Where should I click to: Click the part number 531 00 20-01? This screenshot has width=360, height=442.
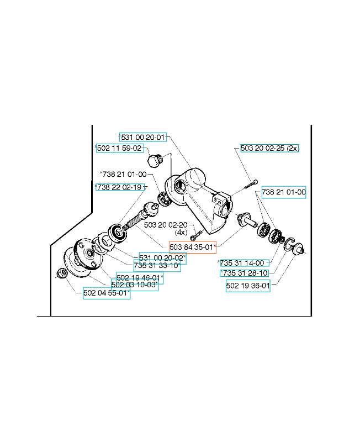click(x=143, y=137)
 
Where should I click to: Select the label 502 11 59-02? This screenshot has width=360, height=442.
click(x=120, y=148)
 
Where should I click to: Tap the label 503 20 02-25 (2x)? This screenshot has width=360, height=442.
click(x=269, y=148)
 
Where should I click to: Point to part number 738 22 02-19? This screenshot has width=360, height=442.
click(x=120, y=187)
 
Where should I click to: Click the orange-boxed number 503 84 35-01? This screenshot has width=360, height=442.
click(x=193, y=247)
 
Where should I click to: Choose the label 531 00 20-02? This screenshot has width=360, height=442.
click(x=162, y=258)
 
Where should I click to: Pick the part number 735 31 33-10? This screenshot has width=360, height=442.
click(x=157, y=266)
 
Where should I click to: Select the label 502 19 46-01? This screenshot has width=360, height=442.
click(x=140, y=278)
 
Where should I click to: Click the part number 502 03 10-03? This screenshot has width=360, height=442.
click(x=135, y=285)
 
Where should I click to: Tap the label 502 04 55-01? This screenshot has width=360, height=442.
click(x=107, y=293)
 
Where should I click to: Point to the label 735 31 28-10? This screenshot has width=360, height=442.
click(x=244, y=273)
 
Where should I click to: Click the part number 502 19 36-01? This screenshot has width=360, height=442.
click(x=248, y=286)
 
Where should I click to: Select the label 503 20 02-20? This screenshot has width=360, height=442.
click(x=166, y=225)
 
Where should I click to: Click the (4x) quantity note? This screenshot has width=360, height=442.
click(x=181, y=233)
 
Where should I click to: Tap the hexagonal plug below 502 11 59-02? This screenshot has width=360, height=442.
click(x=155, y=160)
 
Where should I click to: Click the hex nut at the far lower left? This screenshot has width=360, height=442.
click(x=62, y=273)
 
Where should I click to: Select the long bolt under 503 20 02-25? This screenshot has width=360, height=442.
click(x=251, y=184)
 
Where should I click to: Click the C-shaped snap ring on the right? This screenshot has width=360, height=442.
click(x=289, y=244)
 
